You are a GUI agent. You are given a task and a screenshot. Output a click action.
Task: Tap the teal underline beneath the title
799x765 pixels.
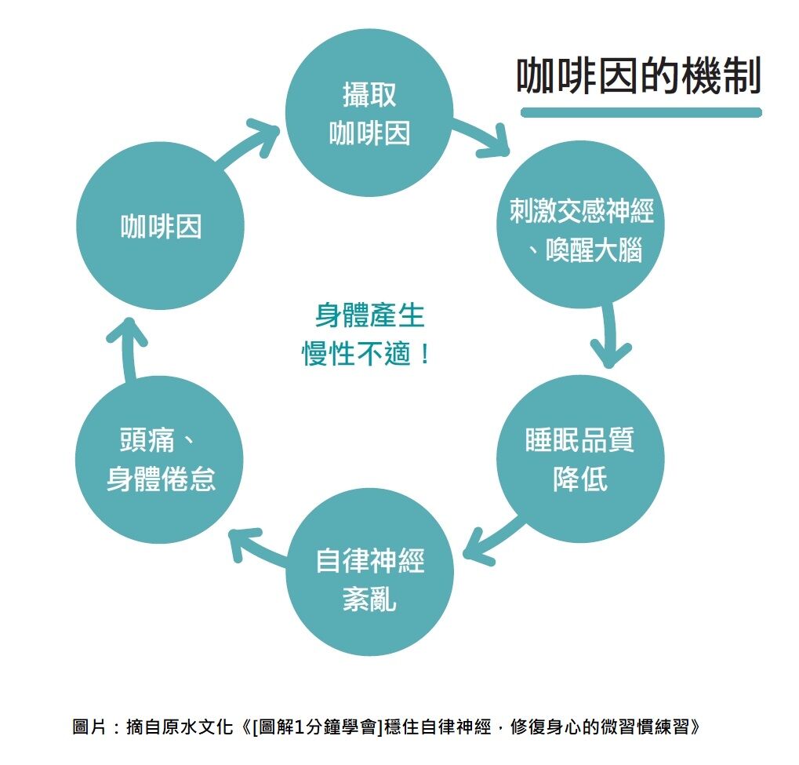[x=641, y=112]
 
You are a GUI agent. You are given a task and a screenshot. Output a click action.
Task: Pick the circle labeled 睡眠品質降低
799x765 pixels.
[x=580, y=458]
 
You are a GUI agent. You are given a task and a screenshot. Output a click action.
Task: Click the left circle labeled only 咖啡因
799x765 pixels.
[x=160, y=226]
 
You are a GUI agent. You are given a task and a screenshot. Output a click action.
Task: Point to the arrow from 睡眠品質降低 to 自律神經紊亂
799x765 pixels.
[x=492, y=537]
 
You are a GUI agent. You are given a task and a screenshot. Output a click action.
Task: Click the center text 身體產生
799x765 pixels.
[x=369, y=315]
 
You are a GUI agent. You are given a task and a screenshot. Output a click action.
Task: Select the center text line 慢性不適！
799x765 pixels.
[x=367, y=354]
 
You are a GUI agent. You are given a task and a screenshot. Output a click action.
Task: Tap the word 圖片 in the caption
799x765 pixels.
[x=88, y=727]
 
